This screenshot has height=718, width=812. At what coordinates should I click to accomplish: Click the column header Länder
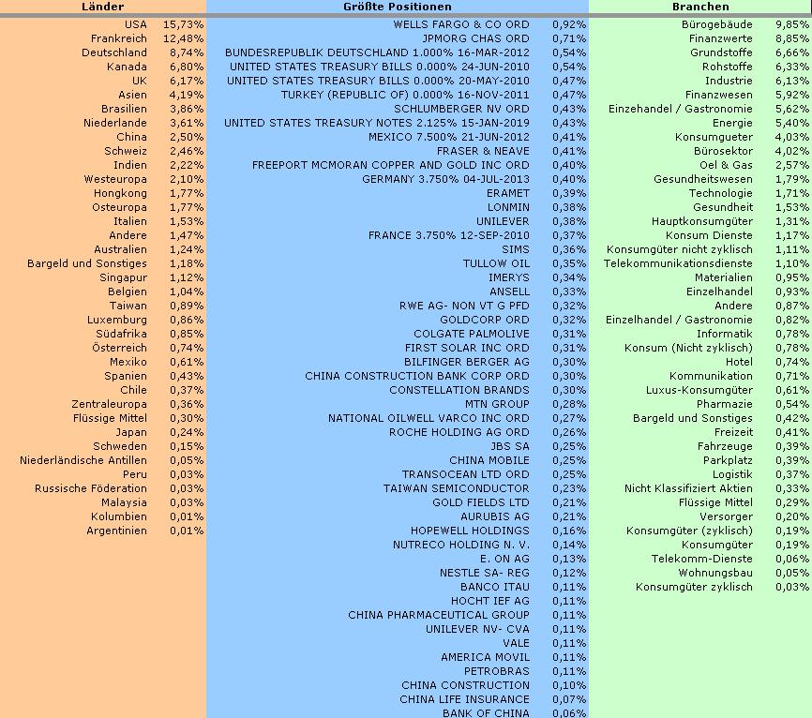[103, 7]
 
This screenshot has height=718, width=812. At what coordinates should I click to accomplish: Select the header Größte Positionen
[398, 7]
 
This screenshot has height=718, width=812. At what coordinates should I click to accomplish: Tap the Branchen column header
[700, 7]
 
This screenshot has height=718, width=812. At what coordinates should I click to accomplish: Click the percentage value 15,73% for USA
[183, 24]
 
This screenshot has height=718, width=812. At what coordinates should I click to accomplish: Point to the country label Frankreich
[119, 38]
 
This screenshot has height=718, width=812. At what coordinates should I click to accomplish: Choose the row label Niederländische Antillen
[83, 460]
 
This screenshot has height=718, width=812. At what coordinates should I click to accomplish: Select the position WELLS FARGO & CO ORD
[461, 24]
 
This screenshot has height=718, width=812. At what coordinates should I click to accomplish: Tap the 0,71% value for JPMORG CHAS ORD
[568, 38]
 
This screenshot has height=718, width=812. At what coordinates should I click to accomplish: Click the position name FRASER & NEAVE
[483, 151]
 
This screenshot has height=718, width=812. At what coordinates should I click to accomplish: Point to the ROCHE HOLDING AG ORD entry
[459, 432]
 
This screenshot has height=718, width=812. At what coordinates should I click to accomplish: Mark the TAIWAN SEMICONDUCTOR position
[457, 488]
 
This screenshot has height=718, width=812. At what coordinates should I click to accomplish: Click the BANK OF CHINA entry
[486, 713]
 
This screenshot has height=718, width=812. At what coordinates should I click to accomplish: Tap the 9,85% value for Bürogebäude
[792, 24]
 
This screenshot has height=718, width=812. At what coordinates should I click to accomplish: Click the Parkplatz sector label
[728, 460]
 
